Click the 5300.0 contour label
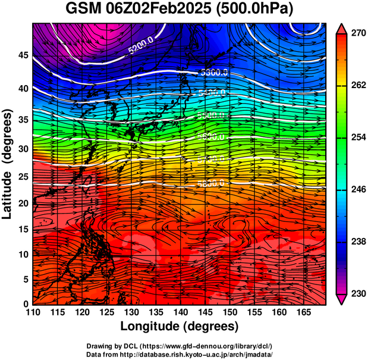coord(215,73)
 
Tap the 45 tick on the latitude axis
coord(23,55)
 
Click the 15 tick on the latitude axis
coord(23,229)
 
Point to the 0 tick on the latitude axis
coord(26,303)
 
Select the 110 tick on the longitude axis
coord(33,312)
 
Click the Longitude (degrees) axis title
coord(180,327)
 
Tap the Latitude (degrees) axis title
coord(8,164)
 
